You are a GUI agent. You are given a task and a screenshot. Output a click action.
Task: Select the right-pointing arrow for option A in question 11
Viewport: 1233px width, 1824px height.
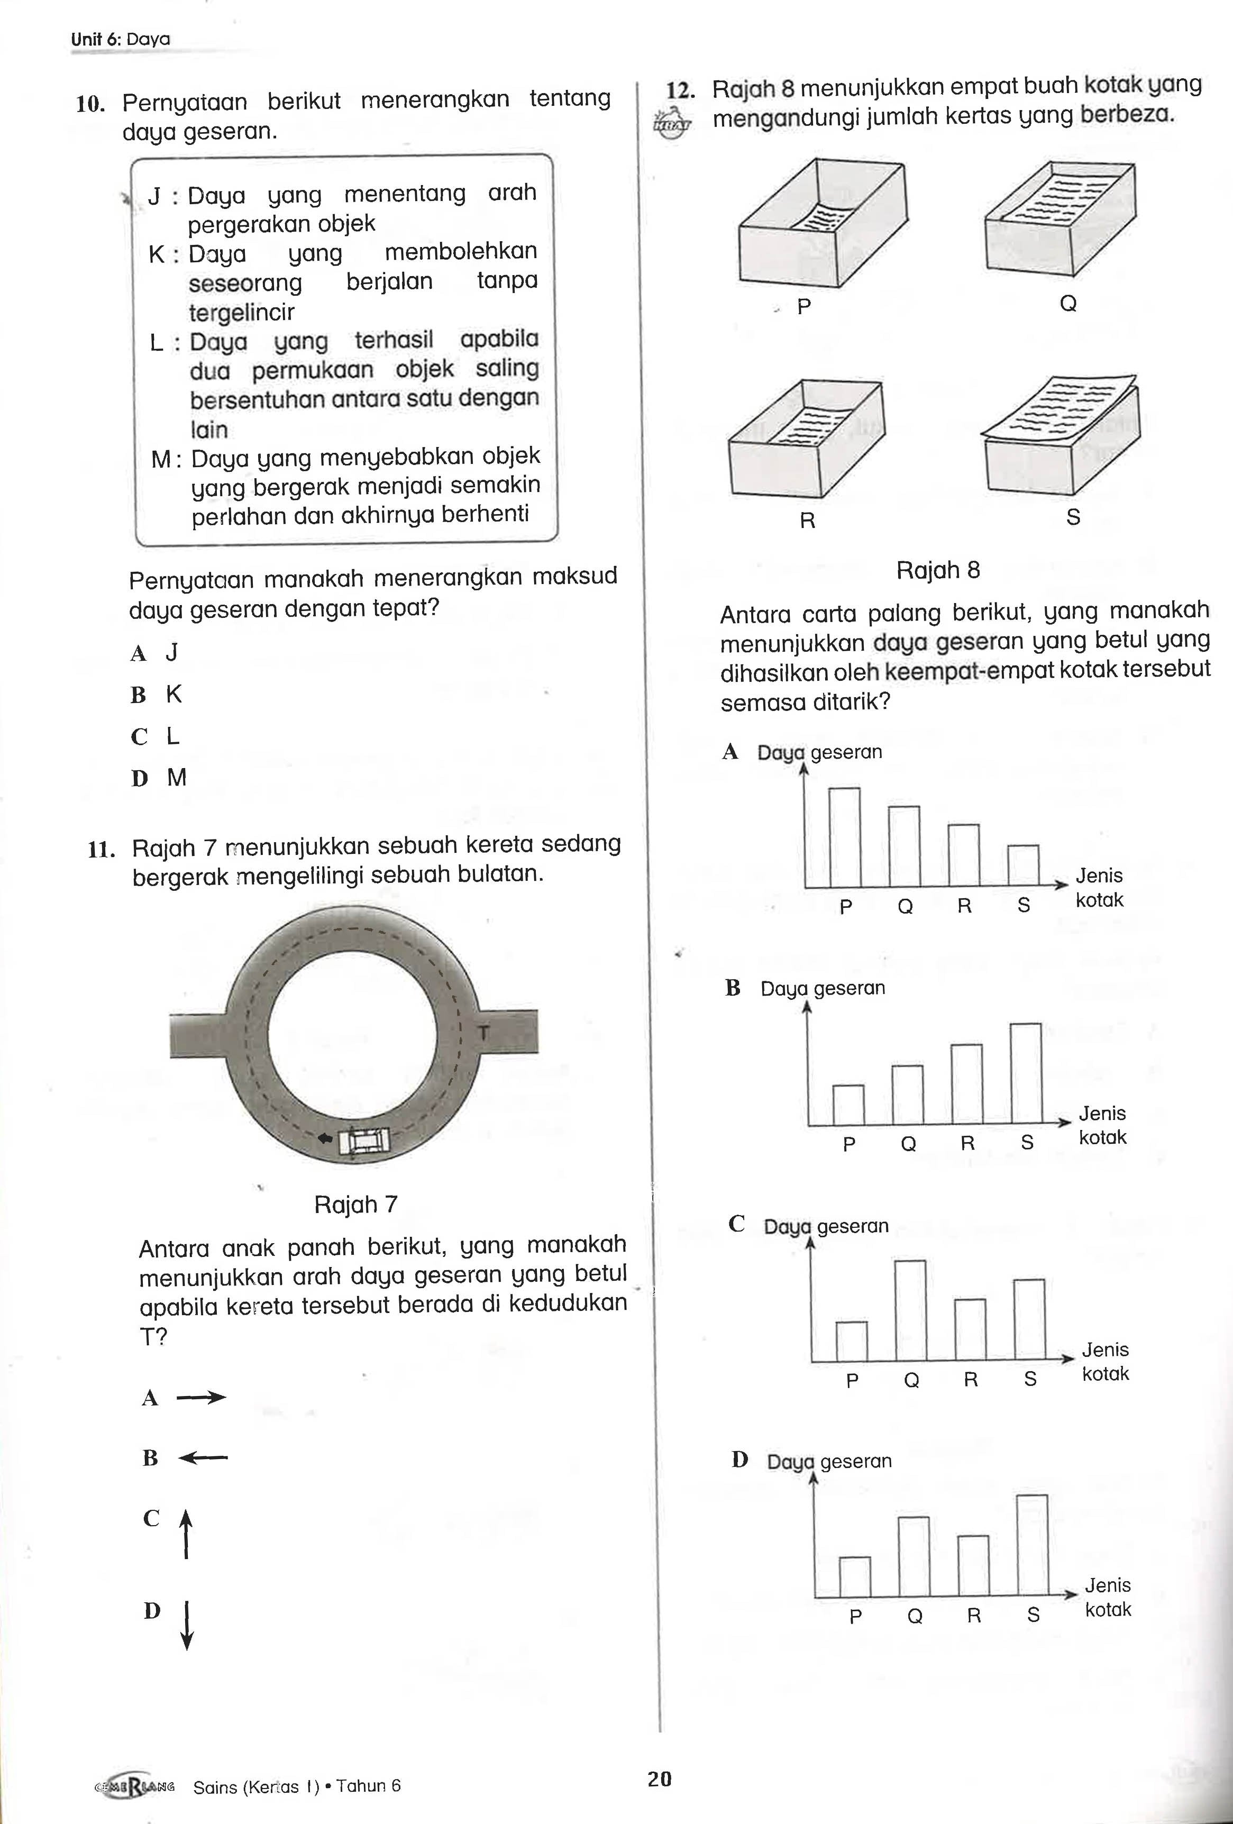201,1397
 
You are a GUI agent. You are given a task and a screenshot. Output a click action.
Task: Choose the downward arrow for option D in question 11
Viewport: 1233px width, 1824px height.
187,1625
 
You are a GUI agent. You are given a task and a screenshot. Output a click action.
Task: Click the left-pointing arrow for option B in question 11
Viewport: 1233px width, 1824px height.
203,1458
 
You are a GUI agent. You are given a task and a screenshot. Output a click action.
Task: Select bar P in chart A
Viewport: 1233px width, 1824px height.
845,837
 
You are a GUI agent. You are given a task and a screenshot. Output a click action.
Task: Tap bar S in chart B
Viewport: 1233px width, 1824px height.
1026,1074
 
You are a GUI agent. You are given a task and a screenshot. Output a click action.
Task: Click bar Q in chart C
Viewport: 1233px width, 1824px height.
910,1310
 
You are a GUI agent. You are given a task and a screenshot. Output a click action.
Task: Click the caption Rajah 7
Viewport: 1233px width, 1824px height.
355,1205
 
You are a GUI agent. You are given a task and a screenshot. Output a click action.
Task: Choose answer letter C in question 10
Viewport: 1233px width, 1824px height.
139,737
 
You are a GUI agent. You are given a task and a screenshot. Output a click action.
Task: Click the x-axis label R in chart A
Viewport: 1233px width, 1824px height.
965,906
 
